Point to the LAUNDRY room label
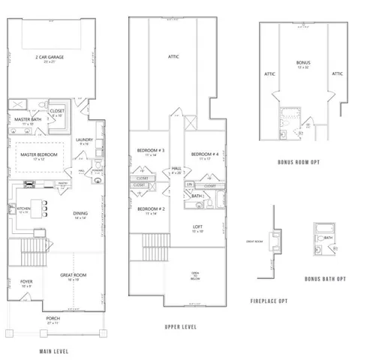(84, 140)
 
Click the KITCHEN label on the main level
(23, 209)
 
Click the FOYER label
(27, 283)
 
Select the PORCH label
(51, 321)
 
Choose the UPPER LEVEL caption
(180, 328)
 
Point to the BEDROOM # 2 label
(151, 210)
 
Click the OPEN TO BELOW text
(194, 275)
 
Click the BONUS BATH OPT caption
(325, 278)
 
